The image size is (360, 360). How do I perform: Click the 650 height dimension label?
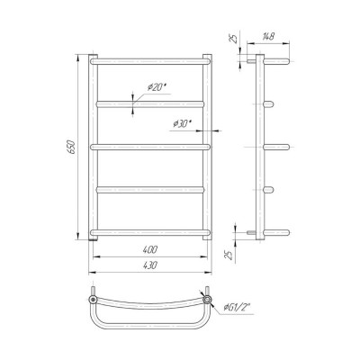pyautogui.click(x=72, y=147)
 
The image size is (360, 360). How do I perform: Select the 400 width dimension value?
pyautogui.click(x=150, y=249)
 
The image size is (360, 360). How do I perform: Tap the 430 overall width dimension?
pyautogui.click(x=150, y=265)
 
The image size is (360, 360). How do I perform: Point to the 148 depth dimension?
pyautogui.click(x=268, y=37)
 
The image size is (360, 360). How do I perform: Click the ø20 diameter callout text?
pyautogui.click(x=157, y=87)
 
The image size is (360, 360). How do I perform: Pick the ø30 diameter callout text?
pyautogui.click(x=182, y=123)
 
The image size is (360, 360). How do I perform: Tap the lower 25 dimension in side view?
pyautogui.click(x=229, y=255)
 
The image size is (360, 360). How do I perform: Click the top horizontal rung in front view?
pyautogui.click(x=150, y=61)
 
